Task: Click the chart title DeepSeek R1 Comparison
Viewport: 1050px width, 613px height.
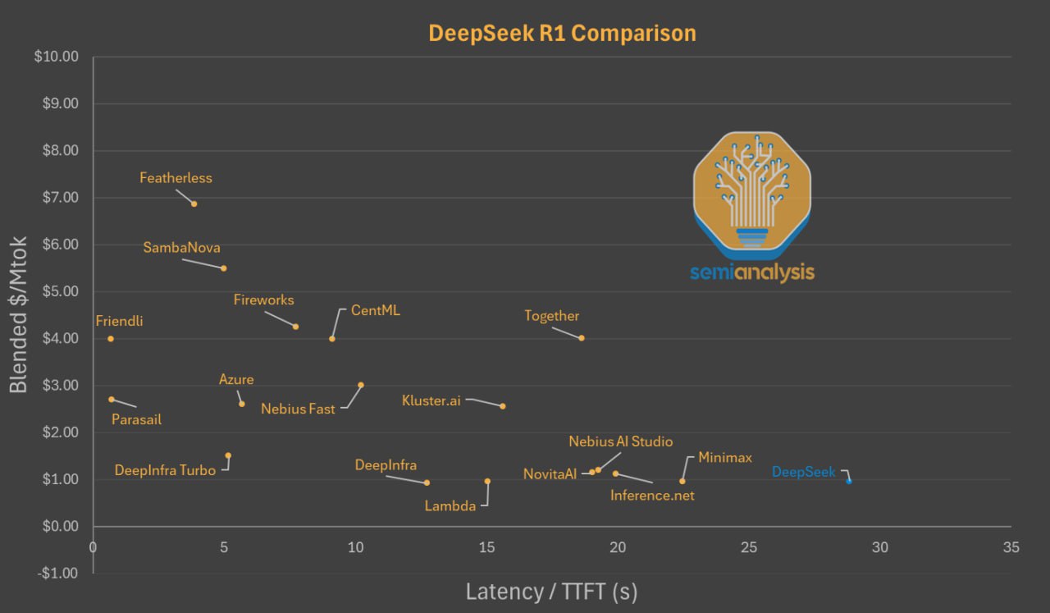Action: click(x=562, y=33)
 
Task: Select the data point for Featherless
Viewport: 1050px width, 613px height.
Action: click(x=194, y=204)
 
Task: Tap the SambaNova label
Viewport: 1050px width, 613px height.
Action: click(x=181, y=247)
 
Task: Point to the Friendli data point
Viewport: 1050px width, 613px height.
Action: click(x=111, y=339)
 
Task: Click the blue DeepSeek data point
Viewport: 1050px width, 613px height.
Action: click(x=849, y=481)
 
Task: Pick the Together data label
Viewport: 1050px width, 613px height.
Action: click(x=552, y=316)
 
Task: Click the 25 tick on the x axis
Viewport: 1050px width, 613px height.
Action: click(x=749, y=547)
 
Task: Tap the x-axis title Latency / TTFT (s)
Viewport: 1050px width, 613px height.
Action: click(x=551, y=591)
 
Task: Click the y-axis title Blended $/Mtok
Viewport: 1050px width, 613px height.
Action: click(x=19, y=314)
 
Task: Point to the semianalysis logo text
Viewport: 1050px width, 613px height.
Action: click(x=752, y=272)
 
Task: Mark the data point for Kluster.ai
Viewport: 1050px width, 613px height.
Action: click(x=503, y=406)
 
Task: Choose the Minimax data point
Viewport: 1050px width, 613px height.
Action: click(x=682, y=481)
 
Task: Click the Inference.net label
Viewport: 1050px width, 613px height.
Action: click(x=652, y=496)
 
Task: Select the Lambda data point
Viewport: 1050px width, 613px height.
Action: click(x=487, y=481)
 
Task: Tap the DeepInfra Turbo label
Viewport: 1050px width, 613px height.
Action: click(x=165, y=470)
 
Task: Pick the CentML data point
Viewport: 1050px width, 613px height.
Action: click(x=332, y=338)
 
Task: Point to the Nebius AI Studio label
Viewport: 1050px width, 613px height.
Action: click(x=621, y=441)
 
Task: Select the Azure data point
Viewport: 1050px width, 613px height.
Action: click(x=242, y=404)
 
